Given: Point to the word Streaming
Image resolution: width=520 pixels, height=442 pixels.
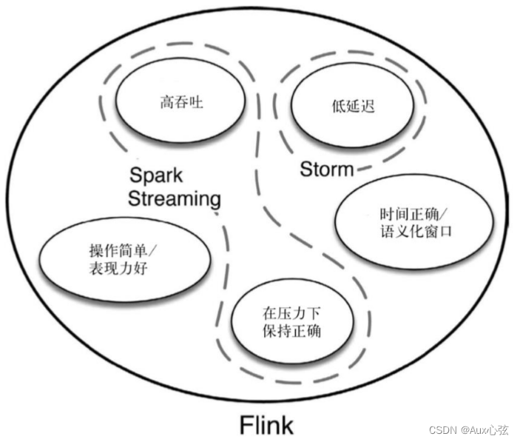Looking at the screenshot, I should [x=175, y=198].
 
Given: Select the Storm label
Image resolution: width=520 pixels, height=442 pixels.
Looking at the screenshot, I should [x=326, y=170].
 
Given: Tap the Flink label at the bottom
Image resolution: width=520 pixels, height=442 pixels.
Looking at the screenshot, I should [x=266, y=425].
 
